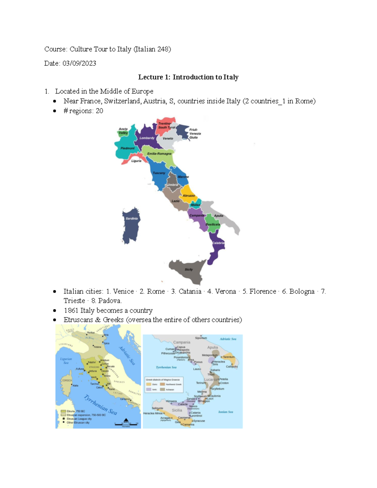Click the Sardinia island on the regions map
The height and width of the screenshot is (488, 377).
(131, 226)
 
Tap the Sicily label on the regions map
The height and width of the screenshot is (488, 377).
(188, 270)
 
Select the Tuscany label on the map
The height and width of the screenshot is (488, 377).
(159, 173)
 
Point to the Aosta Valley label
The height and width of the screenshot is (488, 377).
(123, 131)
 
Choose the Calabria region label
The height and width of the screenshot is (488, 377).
(218, 243)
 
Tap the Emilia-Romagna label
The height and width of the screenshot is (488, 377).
(159, 154)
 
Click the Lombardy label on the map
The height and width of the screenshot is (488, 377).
(147, 138)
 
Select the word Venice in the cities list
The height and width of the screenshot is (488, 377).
(123, 292)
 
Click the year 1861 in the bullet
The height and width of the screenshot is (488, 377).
(71, 310)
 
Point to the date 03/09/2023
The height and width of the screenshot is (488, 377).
(79, 63)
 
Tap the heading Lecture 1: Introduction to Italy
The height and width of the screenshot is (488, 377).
(188, 77)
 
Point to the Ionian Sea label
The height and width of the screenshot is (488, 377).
(226, 412)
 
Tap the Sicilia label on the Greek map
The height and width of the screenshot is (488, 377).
(177, 410)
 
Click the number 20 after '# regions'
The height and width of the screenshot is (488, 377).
(99, 111)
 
